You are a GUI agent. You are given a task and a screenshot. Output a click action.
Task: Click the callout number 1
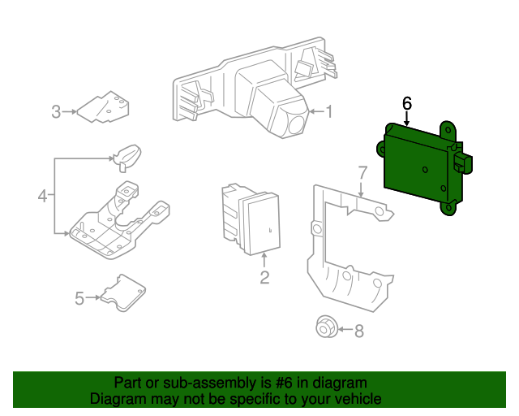click(328, 112)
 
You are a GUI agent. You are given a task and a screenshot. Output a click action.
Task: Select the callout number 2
click(264, 277)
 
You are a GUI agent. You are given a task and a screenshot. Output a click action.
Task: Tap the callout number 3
click(56, 112)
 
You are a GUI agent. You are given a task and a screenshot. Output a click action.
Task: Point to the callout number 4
click(42, 196)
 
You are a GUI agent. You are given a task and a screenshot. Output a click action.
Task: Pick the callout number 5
click(79, 298)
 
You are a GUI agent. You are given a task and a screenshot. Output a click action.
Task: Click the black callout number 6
click(407, 103)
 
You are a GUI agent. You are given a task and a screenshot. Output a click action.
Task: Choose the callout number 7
click(362, 173)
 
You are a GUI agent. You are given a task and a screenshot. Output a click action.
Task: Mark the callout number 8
click(359, 331)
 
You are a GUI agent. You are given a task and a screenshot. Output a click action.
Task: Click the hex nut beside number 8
click(326, 327)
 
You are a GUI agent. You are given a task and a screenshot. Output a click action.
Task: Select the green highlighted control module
click(423, 168)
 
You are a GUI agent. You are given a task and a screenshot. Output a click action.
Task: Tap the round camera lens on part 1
click(296, 125)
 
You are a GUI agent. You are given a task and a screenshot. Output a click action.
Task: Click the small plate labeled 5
click(122, 293)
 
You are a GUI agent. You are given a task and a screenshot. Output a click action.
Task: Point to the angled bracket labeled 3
click(103, 107)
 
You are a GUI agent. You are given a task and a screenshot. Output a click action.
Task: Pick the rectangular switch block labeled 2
click(251, 219)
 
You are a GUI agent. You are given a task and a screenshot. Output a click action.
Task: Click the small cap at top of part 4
click(127, 157)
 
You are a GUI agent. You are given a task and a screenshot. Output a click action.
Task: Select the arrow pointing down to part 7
click(361, 188)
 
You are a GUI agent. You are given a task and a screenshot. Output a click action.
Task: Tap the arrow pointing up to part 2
click(264, 261)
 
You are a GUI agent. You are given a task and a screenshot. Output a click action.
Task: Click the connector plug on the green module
click(463, 162)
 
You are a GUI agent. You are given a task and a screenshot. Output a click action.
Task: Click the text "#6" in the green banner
click(284, 383)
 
